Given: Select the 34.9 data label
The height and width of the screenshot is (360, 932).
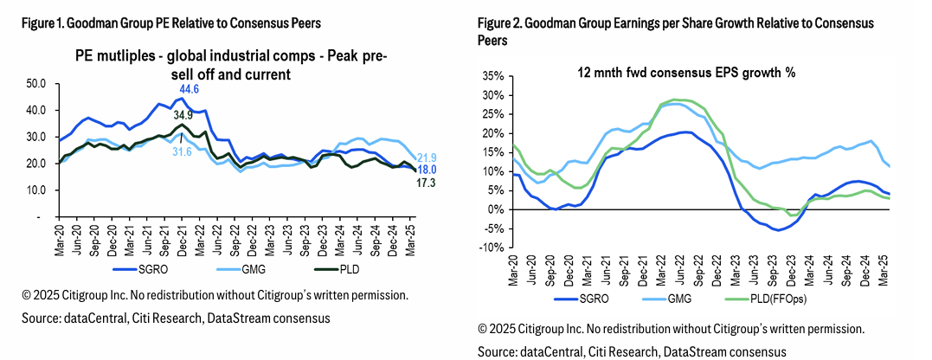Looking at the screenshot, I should click(183, 114).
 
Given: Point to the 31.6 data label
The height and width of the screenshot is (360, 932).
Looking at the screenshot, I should click(183, 151).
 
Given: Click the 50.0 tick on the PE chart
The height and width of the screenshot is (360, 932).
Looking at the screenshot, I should click(36, 84).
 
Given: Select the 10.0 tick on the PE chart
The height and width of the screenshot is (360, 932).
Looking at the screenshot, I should click(36, 190).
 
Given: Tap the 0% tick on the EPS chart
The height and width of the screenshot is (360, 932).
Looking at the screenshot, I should click(496, 209).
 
